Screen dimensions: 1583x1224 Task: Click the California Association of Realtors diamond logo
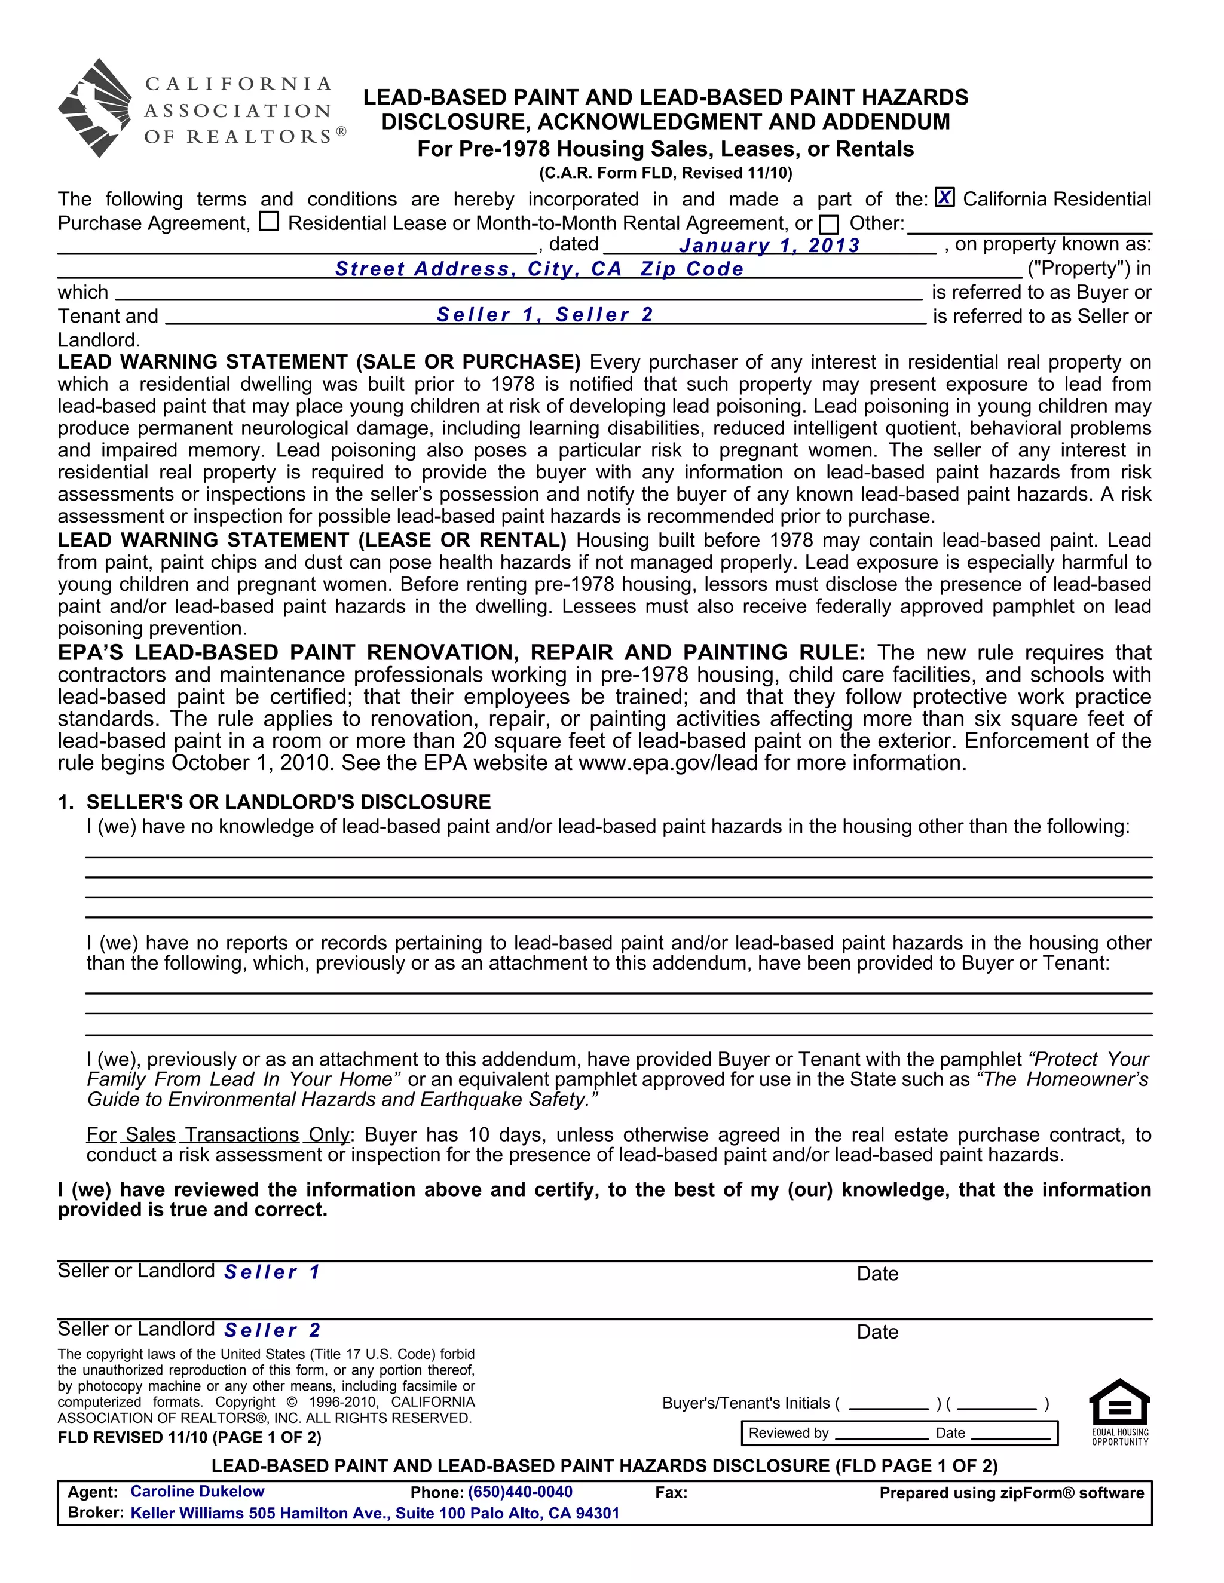pyautogui.click(x=95, y=108)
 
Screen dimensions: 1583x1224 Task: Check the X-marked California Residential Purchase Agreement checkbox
pyautogui.click(x=944, y=197)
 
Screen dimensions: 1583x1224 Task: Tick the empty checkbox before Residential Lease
pyautogui.click(x=269, y=221)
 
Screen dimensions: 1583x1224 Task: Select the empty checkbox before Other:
pyautogui.click(x=829, y=224)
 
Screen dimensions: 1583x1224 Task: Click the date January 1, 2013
pyautogui.click(x=769, y=246)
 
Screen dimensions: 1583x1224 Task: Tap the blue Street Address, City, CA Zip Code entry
pyautogui.click(x=540, y=269)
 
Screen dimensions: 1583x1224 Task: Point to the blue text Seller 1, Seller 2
pyautogui.click(x=545, y=315)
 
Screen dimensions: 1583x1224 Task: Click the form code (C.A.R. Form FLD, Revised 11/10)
pyautogui.click(x=666, y=173)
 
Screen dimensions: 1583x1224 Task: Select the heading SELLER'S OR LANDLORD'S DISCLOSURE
pyautogui.click(x=288, y=802)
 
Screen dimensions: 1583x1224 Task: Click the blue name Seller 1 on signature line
pyautogui.click(x=272, y=1272)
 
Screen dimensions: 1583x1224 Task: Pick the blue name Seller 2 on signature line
pyautogui.click(x=272, y=1330)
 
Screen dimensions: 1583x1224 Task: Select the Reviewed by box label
pyautogui.click(x=788, y=1433)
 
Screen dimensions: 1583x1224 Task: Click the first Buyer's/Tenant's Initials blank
pyautogui.click(x=888, y=1404)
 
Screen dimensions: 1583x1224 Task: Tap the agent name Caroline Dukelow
pyautogui.click(x=197, y=1492)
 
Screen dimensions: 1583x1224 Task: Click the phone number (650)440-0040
pyautogui.click(x=520, y=1492)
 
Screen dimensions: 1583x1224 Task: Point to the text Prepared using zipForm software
pyautogui.click(x=1012, y=1492)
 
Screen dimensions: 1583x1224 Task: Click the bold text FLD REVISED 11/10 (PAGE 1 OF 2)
pyautogui.click(x=189, y=1437)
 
